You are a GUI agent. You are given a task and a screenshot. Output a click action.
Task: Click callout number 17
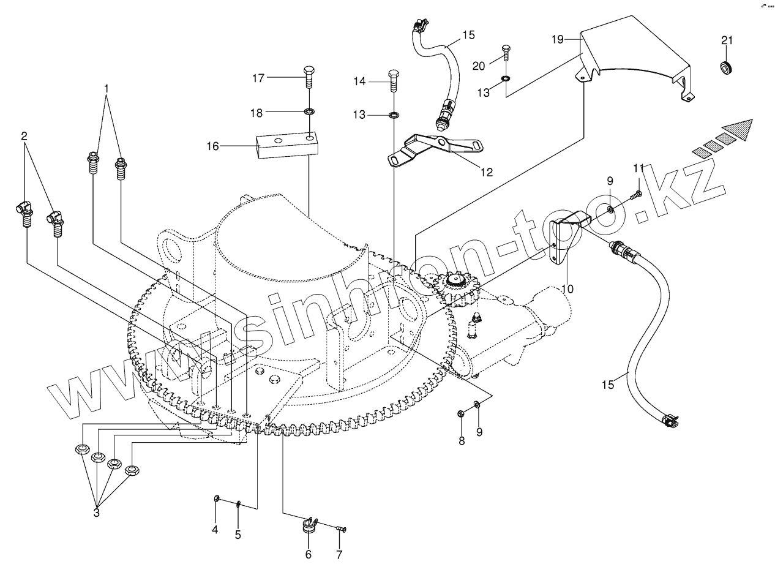click(x=259, y=78)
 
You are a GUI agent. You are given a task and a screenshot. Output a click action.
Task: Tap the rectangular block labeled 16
click(x=286, y=146)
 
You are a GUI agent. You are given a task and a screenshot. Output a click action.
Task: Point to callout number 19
click(x=557, y=39)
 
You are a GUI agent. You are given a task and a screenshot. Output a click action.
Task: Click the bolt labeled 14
click(x=394, y=80)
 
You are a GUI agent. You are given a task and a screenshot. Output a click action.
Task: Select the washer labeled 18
click(x=310, y=112)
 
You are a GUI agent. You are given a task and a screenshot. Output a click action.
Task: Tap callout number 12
click(x=486, y=172)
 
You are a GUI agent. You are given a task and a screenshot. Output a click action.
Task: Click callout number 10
click(x=567, y=288)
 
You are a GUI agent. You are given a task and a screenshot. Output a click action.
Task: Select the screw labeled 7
click(x=342, y=528)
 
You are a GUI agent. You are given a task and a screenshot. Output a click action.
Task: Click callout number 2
click(x=24, y=136)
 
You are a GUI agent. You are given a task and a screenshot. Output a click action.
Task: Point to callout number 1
click(x=107, y=88)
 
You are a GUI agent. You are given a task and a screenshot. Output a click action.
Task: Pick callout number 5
click(x=238, y=534)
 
